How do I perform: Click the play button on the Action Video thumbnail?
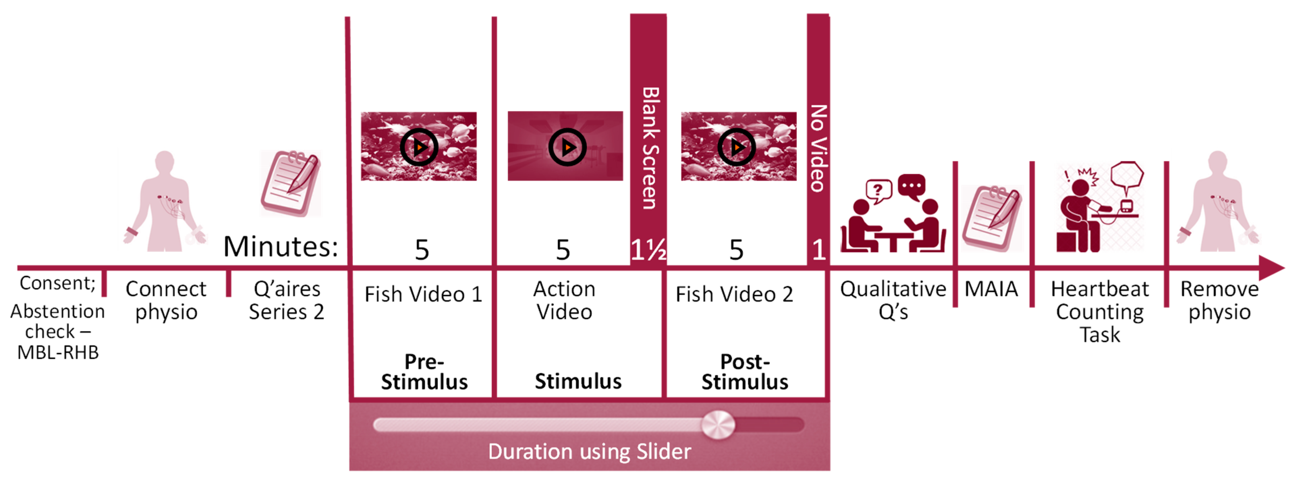point(567,147)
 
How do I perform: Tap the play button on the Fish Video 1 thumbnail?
point(419,147)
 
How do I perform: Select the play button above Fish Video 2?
point(736,147)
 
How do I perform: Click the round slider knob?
point(718,425)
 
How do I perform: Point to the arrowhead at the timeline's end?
point(1272,268)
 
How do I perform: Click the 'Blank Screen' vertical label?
point(649,148)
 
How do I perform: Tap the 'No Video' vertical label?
point(818,148)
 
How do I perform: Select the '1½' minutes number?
point(648,249)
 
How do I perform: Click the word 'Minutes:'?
point(281,246)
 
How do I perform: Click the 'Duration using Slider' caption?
point(589,451)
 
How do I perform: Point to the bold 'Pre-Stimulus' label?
point(424,372)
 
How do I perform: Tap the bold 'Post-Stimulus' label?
point(745,372)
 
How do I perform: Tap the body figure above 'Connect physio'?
point(165,201)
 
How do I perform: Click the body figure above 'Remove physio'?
point(1218,201)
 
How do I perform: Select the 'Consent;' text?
point(57,283)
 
